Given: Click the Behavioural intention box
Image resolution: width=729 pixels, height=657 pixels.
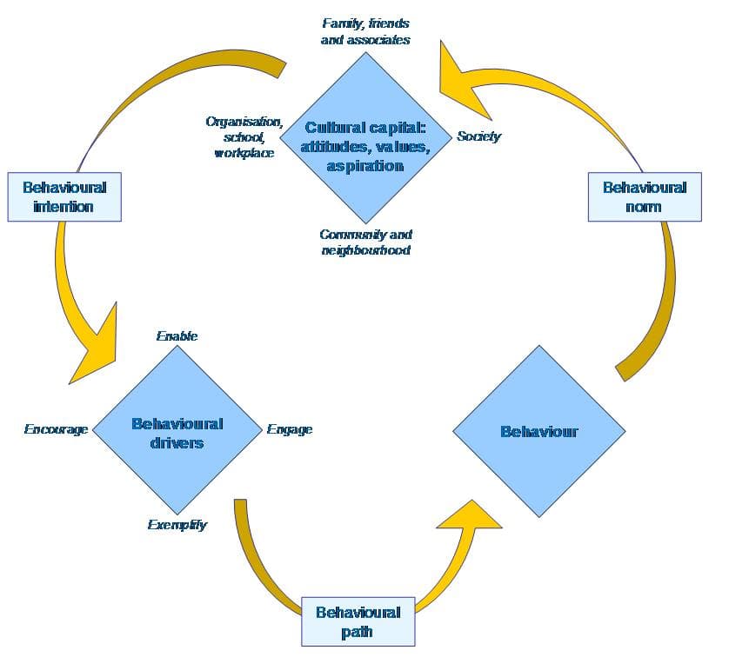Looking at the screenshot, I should click(64, 196).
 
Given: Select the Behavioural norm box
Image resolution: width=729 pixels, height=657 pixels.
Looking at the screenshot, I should click(644, 196).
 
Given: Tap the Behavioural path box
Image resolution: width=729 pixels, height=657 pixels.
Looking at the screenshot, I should click(358, 621).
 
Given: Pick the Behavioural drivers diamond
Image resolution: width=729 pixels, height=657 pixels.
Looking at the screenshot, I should click(177, 432).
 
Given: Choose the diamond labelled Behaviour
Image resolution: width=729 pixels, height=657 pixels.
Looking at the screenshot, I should click(538, 431).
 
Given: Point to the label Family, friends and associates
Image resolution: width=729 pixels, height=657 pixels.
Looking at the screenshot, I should click(365, 31).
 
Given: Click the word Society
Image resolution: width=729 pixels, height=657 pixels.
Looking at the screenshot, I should click(478, 136).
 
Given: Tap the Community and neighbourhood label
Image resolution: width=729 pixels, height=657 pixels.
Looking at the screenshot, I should click(365, 242).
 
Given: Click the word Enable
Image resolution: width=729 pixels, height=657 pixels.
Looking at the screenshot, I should click(177, 335).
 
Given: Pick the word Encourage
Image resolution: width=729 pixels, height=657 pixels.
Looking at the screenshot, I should click(56, 429).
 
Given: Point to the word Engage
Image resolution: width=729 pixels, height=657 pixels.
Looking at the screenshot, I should click(290, 429).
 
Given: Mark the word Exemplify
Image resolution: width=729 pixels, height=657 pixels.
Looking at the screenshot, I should click(177, 525).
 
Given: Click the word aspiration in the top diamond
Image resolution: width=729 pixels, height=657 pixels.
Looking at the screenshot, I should click(365, 165).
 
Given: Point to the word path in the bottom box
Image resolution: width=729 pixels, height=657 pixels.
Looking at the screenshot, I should click(358, 632).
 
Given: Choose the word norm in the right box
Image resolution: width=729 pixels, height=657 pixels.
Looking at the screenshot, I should click(644, 207).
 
